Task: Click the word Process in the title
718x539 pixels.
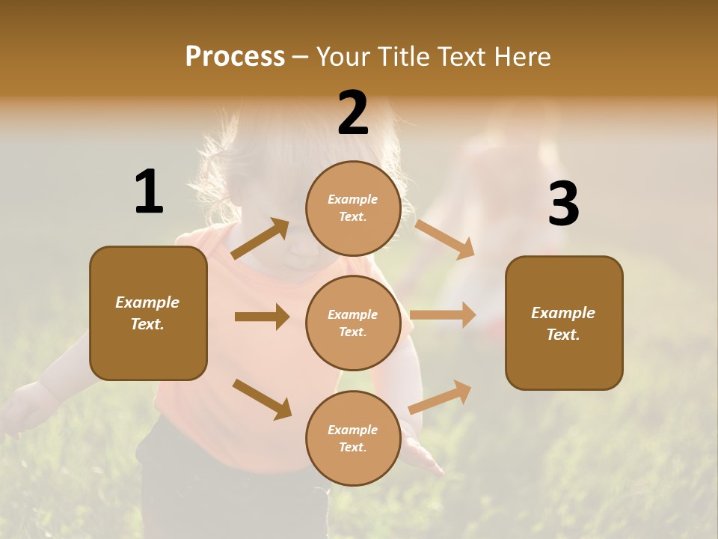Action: [x=235, y=57]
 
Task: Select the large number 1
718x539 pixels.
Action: [x=149, y=192]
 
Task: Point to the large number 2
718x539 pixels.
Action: [x=353, y=113]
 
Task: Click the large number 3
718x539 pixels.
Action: [x=563, y=204]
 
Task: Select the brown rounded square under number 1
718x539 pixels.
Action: [x=148, y=313]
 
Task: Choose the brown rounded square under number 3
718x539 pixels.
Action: [x=564, y=323]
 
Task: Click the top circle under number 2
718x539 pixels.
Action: [x=353, y=208]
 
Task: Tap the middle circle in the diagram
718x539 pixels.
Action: [x=353, y=323]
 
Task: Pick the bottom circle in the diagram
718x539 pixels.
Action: [x=353, y=438]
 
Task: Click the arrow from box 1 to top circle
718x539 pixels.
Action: [x=260, y=239]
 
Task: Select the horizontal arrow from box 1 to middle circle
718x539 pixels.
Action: [x=262, y=317]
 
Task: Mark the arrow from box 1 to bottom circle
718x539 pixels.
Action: [x=262, y=399]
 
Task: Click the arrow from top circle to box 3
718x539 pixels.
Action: [x=445, y=239]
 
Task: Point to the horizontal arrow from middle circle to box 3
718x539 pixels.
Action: [x=443, y=314]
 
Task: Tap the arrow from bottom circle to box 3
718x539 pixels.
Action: [x=440, y=397]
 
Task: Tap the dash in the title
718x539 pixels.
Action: [x=301, y=57]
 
